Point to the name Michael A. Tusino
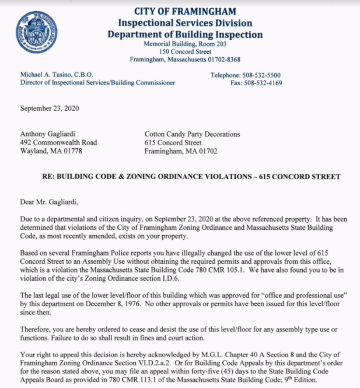[x=49, y=75]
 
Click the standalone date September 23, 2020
[x=50, y=109]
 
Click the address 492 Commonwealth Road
[x=58, y=142]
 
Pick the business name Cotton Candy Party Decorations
[x=192, y=134]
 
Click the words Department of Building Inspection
[x=184, y=34]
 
